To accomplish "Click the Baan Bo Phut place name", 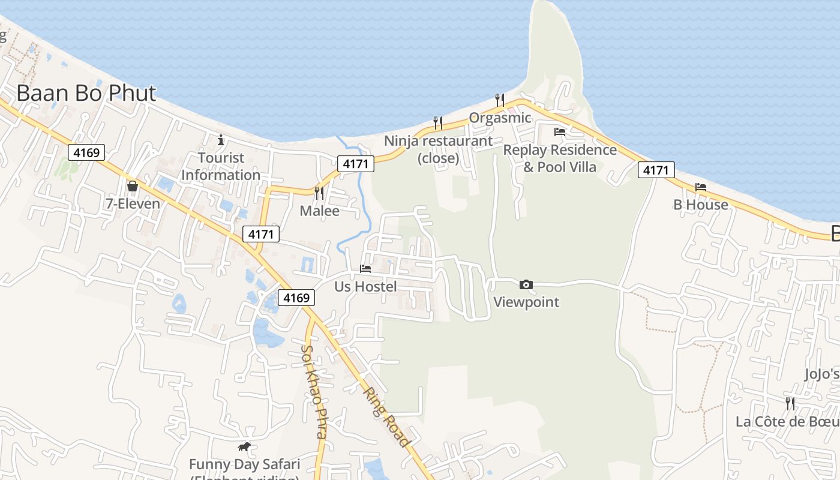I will [86, 94].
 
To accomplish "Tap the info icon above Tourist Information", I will [221, 140].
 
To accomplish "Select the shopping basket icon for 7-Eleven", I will [133, 186].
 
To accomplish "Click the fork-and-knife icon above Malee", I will [319, 193].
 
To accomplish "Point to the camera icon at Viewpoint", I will [526, 284].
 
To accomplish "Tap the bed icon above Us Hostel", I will [365, 268].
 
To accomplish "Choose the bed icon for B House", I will [700, 187].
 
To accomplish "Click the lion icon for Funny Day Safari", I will [244, 446].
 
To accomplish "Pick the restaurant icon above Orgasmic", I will [500, 100].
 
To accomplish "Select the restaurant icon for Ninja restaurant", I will [438, 123].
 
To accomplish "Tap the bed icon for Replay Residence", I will [560, 132].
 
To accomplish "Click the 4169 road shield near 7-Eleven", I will [86, 152].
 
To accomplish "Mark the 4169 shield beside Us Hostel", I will [296, 297].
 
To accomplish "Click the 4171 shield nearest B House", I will [656, 170].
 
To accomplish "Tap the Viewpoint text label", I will [526, 302].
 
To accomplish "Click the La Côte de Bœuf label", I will [787, 421].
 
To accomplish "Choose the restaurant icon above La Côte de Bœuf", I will [790, 403].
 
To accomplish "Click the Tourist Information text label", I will [221, 166].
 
